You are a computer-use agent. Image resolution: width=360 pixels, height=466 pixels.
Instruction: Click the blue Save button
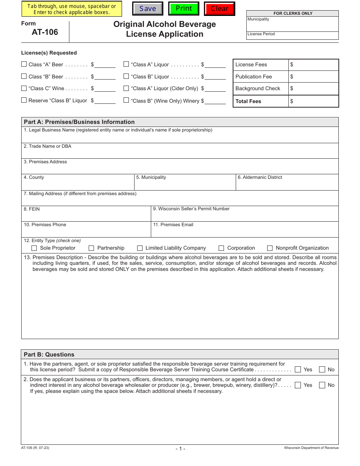tap(147, 9)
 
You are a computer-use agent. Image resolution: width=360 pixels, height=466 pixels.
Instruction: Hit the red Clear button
tap(219, 9)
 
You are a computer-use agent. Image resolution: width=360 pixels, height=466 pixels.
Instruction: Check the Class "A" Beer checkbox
tap(24, 64)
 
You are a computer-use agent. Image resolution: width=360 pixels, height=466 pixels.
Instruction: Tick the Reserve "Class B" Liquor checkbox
tap(24, 100)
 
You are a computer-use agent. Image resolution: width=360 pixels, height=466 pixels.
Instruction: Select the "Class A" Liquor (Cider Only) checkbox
tap(126, 88)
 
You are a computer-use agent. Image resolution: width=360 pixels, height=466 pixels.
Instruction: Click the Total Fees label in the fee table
tap(248, 101)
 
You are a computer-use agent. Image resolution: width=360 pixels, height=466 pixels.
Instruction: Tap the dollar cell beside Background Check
tap(313, 89)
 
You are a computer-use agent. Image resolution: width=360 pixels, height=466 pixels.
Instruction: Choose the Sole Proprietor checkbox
tap(34, 248)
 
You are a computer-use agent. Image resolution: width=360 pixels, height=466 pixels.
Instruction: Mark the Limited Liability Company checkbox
tap(140, 248)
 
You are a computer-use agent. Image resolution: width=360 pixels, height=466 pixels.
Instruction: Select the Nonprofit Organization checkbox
tap(270, 248)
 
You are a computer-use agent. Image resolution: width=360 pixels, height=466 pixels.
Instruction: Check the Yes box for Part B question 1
tap(298, 369)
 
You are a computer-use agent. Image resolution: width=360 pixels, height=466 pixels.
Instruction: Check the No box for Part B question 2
tap(322, 385)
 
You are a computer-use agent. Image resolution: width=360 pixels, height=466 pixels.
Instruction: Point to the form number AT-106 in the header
tap(45, 32)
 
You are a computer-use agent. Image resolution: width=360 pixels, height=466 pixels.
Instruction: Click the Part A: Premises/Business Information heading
tap(79, 122)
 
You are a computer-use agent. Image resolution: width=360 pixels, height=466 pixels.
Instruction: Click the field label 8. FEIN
tap(32, 209)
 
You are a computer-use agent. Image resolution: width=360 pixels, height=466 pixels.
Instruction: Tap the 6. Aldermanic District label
tap(260, 177)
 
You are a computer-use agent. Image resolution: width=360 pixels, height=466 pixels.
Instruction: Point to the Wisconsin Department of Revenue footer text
tap(311, 448)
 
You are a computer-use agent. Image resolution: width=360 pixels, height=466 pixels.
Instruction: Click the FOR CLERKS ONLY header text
tap(293, 13)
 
